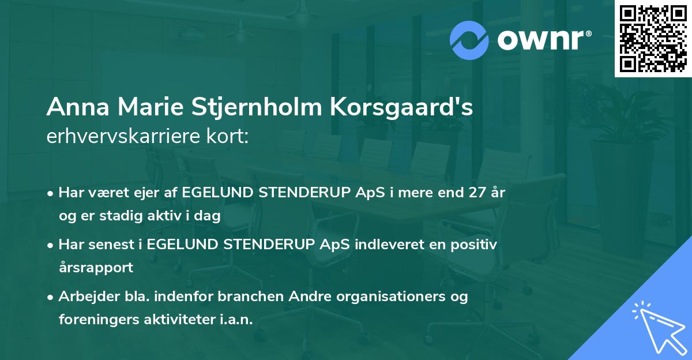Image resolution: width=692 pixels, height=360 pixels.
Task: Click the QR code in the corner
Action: pos(653,39)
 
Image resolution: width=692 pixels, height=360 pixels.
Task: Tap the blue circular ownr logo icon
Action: pos(468,40)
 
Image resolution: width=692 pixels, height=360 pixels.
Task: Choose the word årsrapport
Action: pos(96,267)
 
